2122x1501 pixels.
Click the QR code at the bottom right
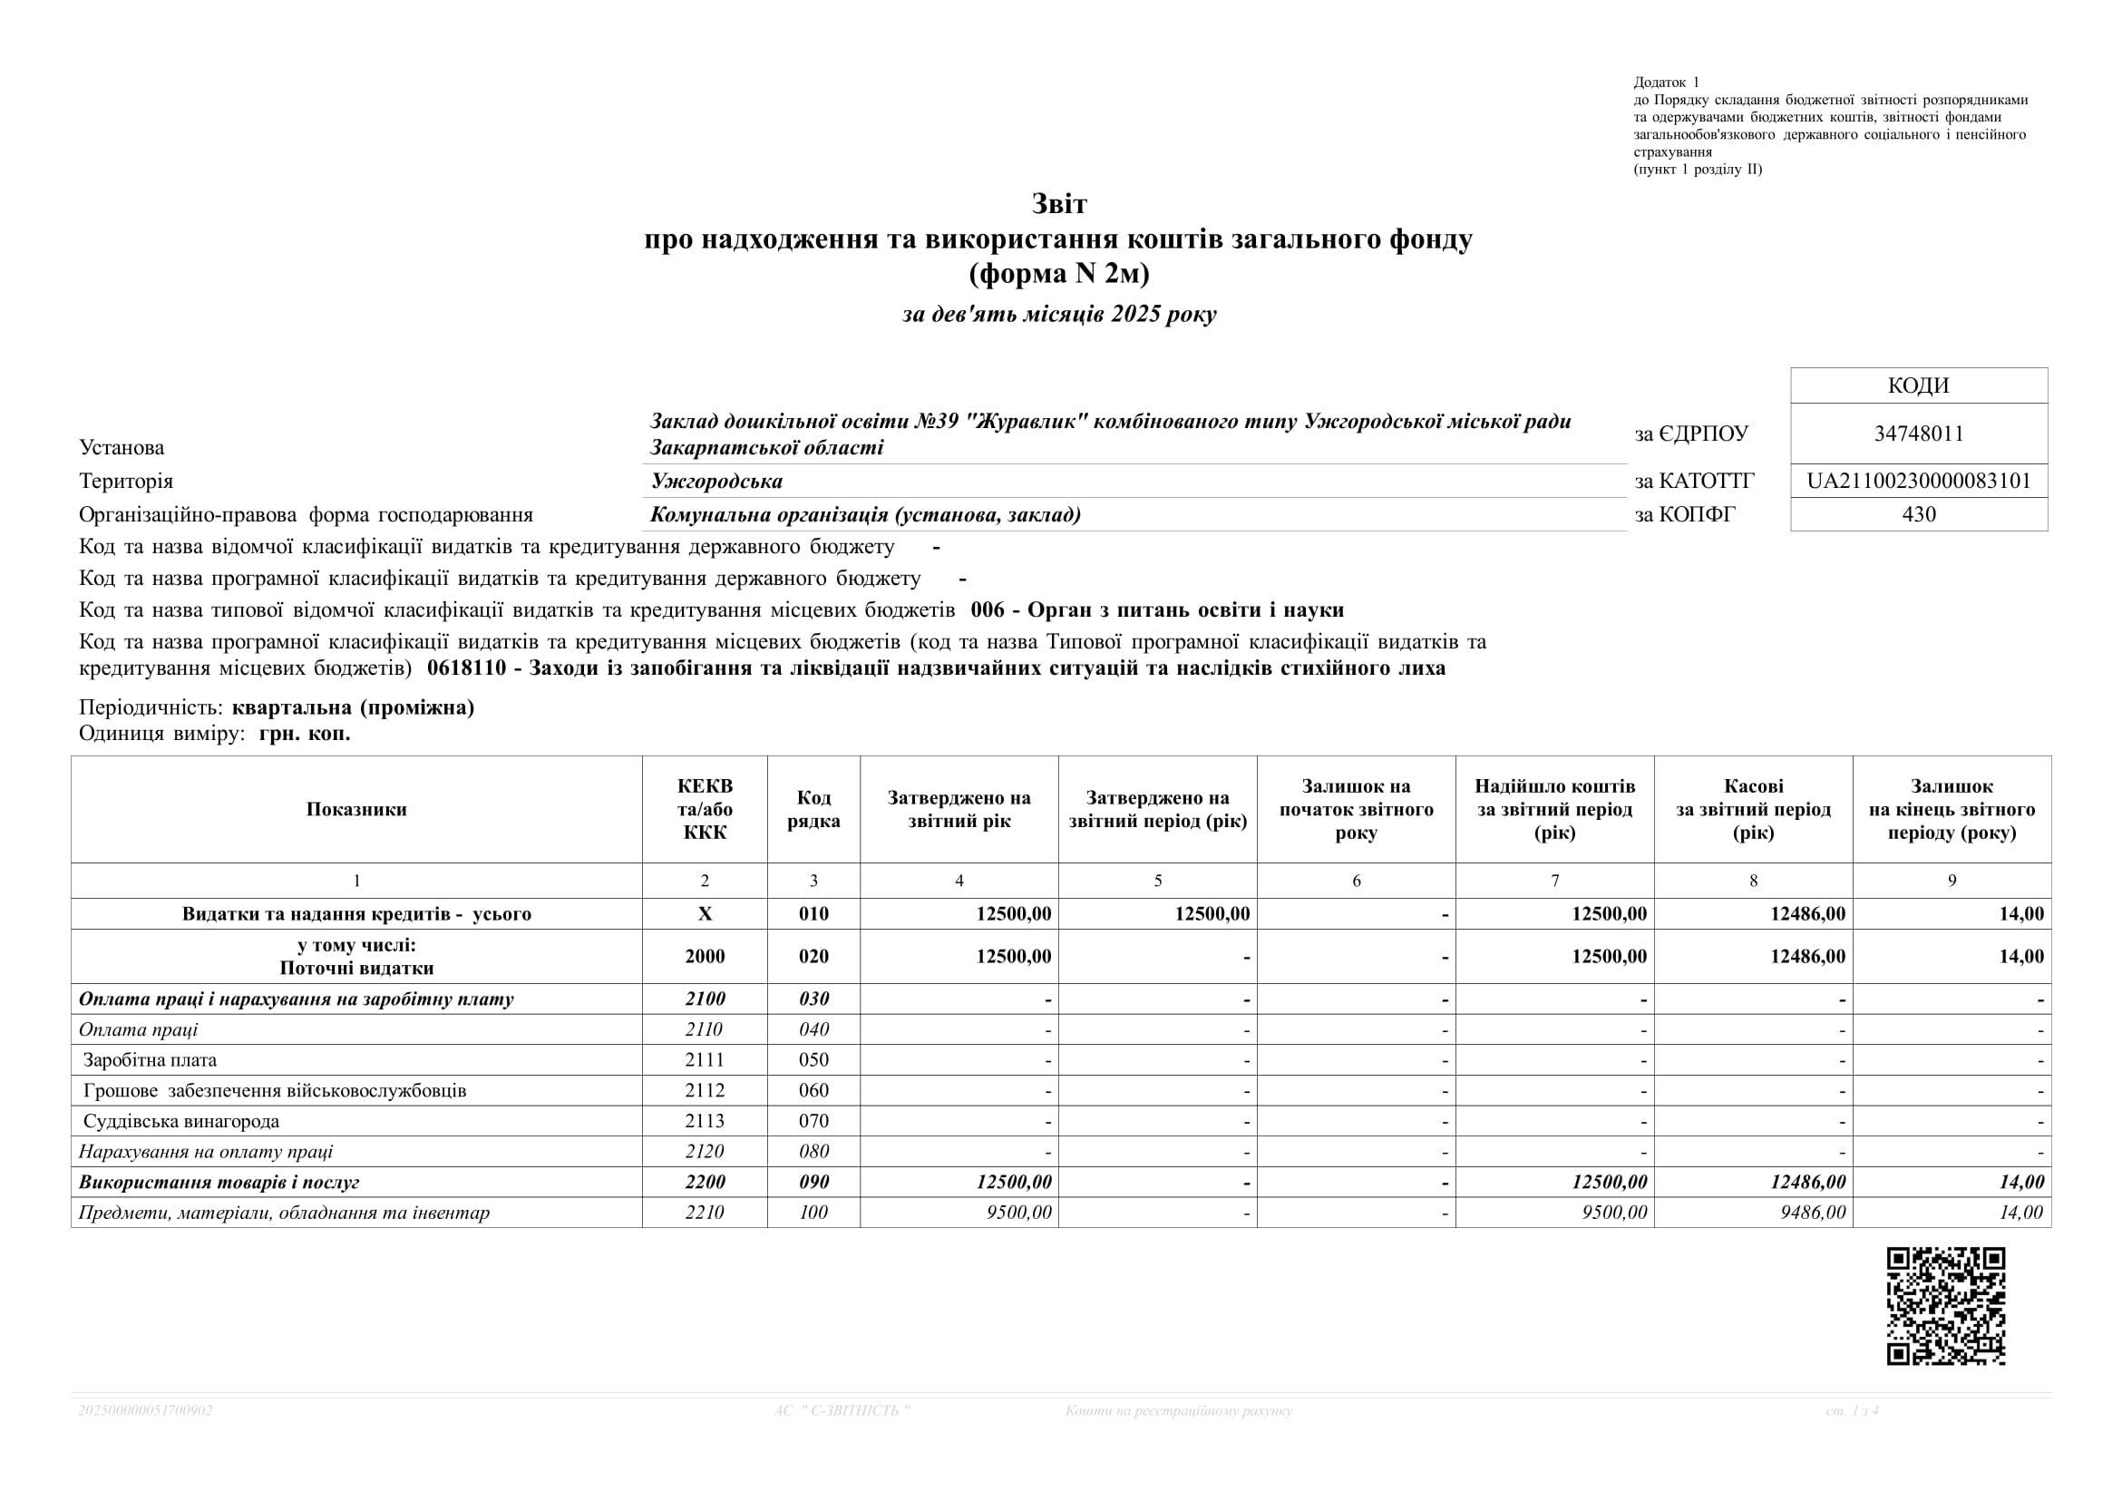click(x=1945, y=1306)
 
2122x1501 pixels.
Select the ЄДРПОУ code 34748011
click(x=1919, y=434)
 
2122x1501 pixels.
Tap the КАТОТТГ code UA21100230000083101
click(x=1919, y=481)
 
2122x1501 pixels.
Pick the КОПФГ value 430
click(x=1919, y=514)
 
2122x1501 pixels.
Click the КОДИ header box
click(x=1919, y=385)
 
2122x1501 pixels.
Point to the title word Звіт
click(x=1059, y=203)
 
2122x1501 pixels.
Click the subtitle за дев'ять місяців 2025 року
click(x=1059, y=314)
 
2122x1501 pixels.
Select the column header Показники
click(x=356, y=810)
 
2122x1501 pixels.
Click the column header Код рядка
click(x=813, y=810)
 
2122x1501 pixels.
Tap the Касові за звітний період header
click(x=1753, y=810)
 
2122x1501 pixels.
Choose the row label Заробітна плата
click(x=150, y=1060)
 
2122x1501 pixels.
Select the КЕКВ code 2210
click(x=705, y=1213)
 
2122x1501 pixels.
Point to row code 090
click(x=813, y=1182)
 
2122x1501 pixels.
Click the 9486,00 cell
click(x=1813, y=1213)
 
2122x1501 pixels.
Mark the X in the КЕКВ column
click(x=705, y=914)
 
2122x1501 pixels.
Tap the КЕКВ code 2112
click(x=705, y=1091)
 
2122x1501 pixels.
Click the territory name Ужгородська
click(x=716, y=481)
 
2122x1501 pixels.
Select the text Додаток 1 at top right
click(x=1667, y=83)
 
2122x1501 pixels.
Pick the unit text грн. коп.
click(x=305, y=734)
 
